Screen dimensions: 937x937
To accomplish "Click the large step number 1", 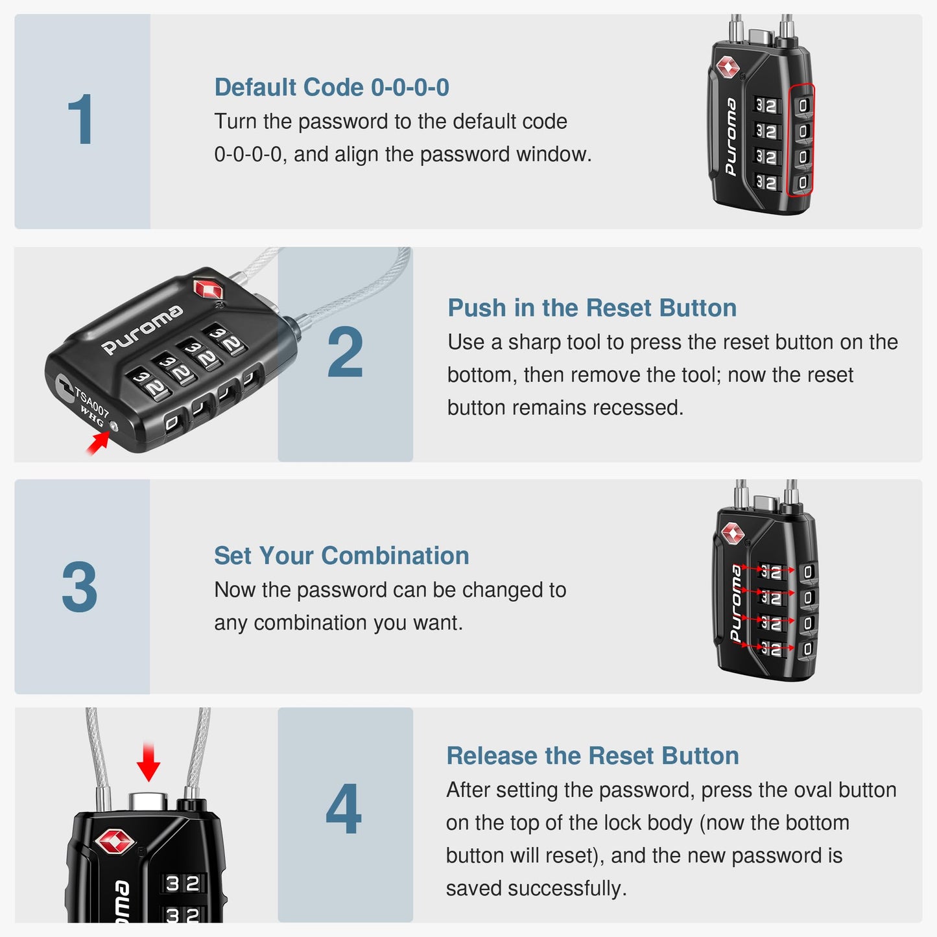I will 81,121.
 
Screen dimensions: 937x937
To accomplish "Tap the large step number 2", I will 345,353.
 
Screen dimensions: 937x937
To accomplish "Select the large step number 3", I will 80,587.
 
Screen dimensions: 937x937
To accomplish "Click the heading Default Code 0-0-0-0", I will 331,88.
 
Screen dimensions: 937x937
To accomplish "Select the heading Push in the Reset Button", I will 591,308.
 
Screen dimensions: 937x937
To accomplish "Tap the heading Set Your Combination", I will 341,556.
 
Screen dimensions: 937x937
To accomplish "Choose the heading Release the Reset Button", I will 592,756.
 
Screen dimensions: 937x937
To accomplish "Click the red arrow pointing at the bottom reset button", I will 98,444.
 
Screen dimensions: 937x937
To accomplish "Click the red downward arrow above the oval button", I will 148,763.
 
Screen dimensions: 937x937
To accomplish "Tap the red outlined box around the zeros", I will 801,140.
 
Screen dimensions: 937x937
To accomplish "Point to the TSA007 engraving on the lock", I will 91,401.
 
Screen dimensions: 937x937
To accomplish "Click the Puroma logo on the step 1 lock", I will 731,137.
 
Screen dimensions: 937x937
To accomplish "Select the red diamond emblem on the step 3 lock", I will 732,533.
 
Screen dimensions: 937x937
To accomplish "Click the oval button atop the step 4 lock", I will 148,801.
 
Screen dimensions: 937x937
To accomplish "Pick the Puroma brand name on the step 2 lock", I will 142,330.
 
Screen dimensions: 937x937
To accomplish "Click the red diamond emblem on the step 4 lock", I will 115,842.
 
